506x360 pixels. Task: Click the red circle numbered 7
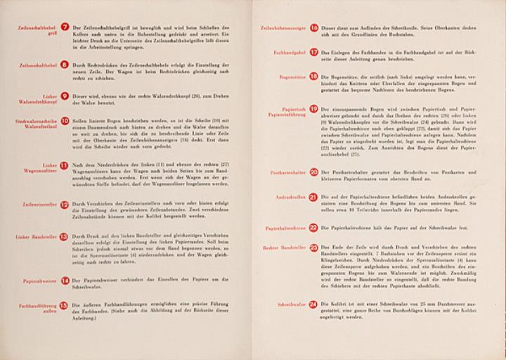click(65, 27)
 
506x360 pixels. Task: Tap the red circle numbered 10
click(65, 121)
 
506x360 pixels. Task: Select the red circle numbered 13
click(64, 237)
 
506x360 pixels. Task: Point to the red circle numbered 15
click(64, 305)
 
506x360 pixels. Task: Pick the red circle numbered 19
click(313, 109)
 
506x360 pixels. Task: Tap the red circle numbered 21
click(313, 198)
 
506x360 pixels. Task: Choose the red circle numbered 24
click(313, 304)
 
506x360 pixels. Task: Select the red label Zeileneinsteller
click(39, 205)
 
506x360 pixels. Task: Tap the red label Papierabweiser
click(40, 281)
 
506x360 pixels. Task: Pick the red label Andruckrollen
click(290, 198)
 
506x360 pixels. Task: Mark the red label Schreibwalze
click(292, 304)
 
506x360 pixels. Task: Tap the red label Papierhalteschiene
click(286, 228)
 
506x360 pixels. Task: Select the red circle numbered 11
click(65, 166)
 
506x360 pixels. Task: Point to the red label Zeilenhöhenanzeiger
click(284, 28)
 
